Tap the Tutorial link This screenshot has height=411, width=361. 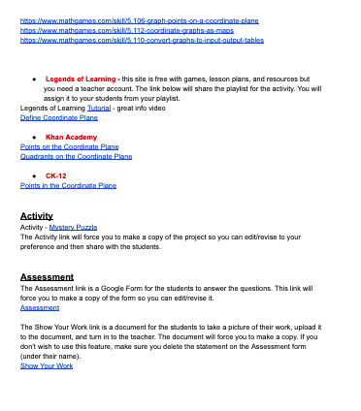99,108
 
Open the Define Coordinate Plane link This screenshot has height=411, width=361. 59,117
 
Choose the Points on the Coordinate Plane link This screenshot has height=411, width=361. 69,146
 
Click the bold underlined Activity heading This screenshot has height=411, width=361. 37,215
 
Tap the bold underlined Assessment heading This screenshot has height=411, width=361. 47,276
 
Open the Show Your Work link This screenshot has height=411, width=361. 46,365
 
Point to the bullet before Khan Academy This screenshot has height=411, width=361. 35,138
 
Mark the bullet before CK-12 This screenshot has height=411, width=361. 35,175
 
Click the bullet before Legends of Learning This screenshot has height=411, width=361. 35,78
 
